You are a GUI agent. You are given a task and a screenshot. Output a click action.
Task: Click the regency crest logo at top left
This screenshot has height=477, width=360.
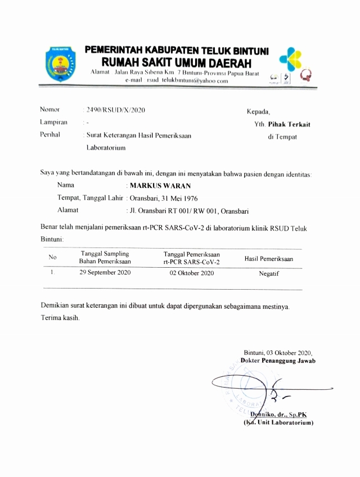58,65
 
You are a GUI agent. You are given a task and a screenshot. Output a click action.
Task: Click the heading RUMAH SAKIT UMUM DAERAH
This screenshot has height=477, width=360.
177,62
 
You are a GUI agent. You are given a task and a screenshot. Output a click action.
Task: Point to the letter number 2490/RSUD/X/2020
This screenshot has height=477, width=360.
115,110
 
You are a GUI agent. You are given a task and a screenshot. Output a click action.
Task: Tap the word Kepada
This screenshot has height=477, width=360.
258,111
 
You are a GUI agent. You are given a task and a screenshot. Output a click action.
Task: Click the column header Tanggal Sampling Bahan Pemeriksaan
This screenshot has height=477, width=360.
105,257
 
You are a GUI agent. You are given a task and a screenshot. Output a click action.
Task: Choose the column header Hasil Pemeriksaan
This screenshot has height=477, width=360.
268,259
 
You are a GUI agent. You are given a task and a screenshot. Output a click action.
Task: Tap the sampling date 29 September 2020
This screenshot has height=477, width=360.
105,273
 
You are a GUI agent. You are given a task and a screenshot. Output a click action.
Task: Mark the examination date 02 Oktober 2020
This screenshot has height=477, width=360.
192,273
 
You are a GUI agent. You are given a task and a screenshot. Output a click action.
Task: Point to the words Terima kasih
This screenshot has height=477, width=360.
60,318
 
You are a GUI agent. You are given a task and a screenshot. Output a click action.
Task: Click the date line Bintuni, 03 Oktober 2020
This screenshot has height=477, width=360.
278,352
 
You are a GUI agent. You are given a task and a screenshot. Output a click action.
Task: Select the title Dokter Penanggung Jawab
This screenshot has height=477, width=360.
278,361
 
